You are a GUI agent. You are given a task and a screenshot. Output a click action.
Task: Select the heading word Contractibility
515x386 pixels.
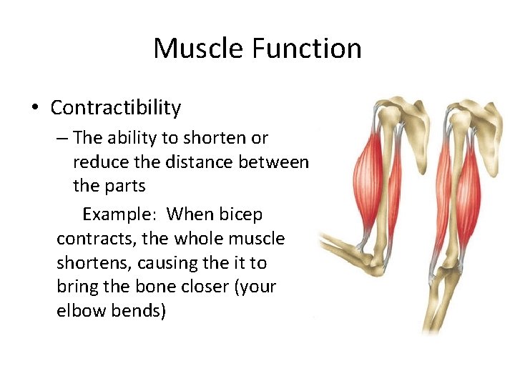pos(115,108)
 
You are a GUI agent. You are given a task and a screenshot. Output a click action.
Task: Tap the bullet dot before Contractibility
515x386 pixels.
pos(34,109)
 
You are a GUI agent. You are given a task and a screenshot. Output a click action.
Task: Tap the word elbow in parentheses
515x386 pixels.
pos(79,312)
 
